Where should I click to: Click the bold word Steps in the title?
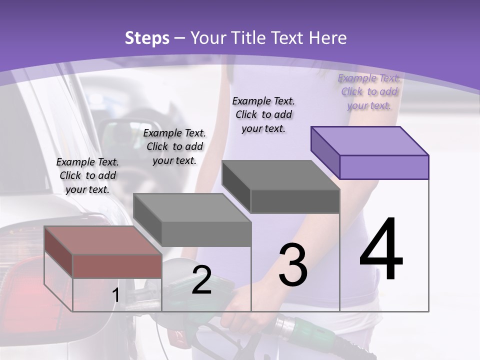147,38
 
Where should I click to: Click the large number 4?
381,249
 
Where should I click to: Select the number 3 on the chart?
292,265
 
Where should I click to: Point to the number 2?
201,280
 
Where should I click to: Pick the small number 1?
115,295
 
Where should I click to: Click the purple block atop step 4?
370,152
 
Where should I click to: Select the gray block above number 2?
192,220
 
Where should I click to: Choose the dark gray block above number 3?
281,186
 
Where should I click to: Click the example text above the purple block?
369,91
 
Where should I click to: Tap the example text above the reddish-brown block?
87,175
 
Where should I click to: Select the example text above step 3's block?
263,114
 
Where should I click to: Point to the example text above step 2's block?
174,146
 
